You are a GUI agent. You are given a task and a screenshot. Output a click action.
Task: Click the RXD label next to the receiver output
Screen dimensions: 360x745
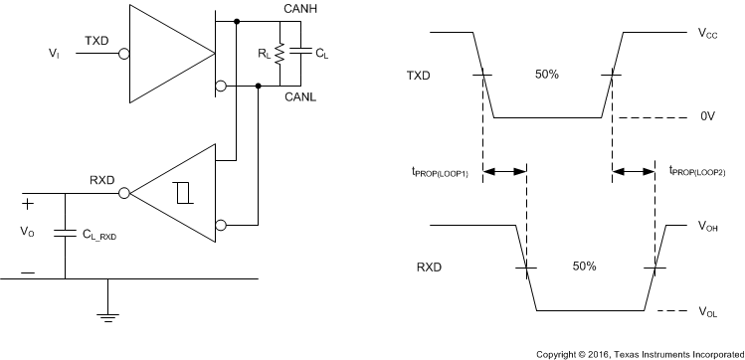pos(101,181)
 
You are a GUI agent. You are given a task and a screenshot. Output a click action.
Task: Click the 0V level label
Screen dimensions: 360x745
pos(707,116)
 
